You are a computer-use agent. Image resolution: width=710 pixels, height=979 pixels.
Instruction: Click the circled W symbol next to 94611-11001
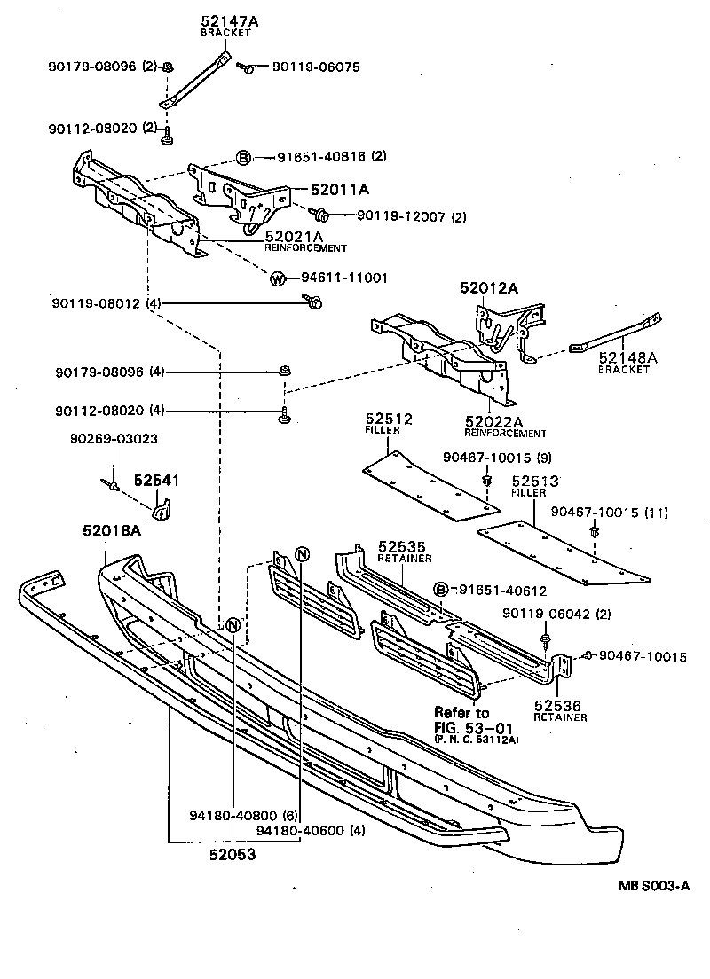coord(278,278)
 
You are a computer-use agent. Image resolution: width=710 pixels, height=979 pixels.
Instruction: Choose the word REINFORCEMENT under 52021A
coord(305,247)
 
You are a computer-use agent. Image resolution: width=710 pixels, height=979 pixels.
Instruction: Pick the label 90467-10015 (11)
coord(610,512)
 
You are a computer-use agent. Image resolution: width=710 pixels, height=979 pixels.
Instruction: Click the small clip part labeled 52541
coord(162,509)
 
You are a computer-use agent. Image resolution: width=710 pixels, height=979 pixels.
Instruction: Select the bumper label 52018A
coord(112,531)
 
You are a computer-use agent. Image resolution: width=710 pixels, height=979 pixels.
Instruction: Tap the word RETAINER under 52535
coord(404,559)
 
